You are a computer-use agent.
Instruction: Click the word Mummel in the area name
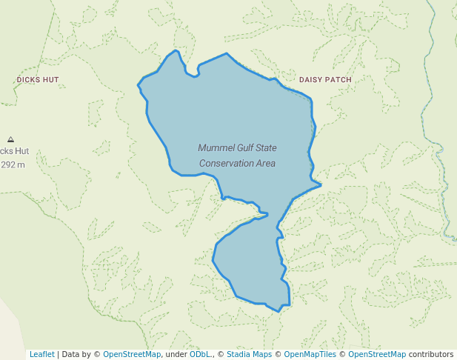[213, 148]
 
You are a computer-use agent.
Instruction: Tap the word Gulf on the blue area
[242, 148]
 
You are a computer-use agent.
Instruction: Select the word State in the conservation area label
[267, 148]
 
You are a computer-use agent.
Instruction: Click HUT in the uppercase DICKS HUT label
[50, 79]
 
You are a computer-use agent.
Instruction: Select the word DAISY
[311, 79]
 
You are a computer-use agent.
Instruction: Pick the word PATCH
[339, 79]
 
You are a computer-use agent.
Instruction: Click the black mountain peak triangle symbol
[10, 139]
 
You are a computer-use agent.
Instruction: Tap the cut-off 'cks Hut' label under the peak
[14, 150]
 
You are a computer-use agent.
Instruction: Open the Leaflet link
[41, 354]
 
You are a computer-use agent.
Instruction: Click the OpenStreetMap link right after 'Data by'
[132, 354]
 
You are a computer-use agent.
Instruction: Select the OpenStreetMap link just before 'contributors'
[377, 354]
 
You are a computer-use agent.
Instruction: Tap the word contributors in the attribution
[430, 354]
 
